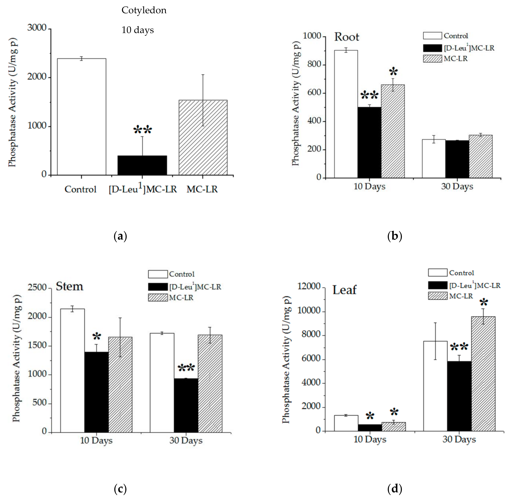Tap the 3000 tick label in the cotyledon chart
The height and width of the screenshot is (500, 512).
(x=37, y=28)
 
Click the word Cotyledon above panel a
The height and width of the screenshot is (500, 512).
(x=144, y=10)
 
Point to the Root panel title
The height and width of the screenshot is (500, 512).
(x=346, y=37)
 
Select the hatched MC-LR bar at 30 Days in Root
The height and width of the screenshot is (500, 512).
(x=480, y=156)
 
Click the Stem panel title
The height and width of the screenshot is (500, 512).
(x=69, y=286)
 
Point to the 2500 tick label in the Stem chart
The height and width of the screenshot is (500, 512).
(x=37, y=288)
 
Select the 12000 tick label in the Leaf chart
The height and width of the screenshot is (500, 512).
(x=309, y=286)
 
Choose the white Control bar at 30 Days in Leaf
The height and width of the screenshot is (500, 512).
(x=435, y=386)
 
